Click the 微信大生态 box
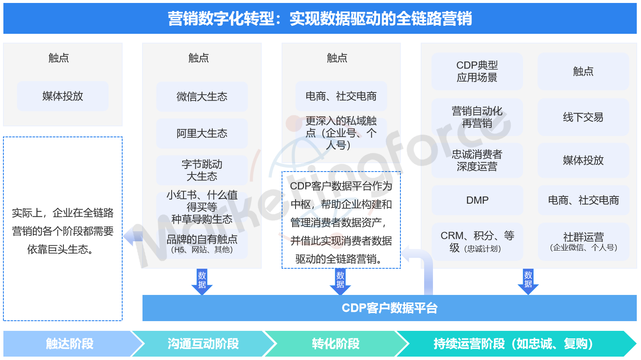coord(202,96)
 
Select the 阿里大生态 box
coord(202,133)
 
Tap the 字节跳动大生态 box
coord(202,170)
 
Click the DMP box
coord(477,200)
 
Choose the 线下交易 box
coord(583,117)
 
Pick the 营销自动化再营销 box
coord(477,117)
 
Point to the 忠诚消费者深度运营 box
coord(477,161)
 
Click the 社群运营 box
coord(583,242)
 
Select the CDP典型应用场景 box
coord(477,71)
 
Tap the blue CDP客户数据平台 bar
coord(389,308)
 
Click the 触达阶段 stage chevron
coord(71,344)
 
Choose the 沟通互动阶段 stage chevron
coord(204,344)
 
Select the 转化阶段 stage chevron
coord(336,344)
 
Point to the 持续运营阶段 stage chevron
coord(515,344)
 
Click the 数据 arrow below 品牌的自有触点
coord(202,281)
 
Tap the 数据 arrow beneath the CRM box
coord(528,281)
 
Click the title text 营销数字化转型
coord(221,19)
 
